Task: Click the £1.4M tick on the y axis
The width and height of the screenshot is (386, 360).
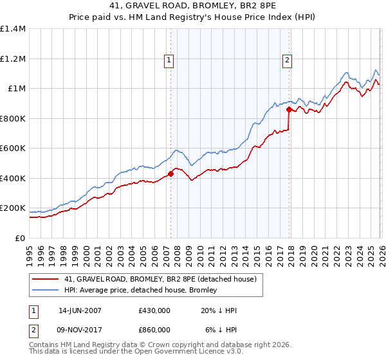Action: tap(13, 29)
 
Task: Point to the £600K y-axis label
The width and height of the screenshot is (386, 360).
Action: tap(13, 148)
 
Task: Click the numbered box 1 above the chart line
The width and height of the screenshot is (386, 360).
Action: tap(169, 60)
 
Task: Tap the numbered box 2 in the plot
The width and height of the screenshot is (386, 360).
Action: tap(286, 60)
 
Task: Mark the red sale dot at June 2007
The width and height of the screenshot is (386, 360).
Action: tap(171, 174)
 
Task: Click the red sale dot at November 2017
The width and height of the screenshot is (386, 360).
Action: tap(289, 110)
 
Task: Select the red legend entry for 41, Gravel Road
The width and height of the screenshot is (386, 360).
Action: tap(160, 279)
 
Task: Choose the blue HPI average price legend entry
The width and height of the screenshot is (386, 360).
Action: tap(140, 291)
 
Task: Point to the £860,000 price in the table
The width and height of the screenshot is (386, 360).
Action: tap(154, 330)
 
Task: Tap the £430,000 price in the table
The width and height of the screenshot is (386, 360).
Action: tap(154, 310)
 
